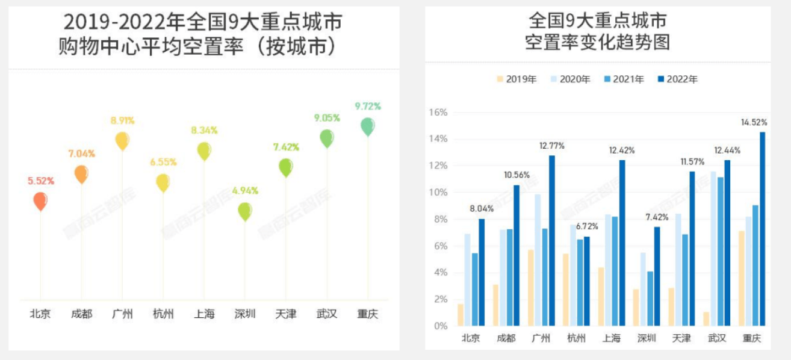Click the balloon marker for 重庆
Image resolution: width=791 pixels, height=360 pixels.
[x=367, y=126]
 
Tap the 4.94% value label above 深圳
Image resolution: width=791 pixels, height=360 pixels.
[x=244, y=191]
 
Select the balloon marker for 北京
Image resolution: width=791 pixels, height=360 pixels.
[x=40, y=200]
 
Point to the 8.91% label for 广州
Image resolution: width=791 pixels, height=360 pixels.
[x=122, y=120]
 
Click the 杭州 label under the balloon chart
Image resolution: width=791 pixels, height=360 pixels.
[x=163, y=314]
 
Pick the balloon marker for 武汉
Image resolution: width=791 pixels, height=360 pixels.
[x=326, y=138]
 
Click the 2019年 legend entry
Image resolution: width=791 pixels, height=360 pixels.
[x=516, y=79]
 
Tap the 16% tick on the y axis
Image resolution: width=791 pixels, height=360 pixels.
[x=438, y=113]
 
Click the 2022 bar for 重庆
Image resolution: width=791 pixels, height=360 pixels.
[x=762, y=229]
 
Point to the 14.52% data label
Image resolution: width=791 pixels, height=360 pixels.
[x=754, y=122]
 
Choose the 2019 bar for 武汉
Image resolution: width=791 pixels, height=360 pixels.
[x=706, y=318]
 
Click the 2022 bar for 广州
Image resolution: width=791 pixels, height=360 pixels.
[x=551, y=241]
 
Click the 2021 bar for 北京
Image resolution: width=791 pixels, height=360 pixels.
[x=474, y=289]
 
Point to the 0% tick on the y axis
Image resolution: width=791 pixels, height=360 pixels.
[x=440, y=326]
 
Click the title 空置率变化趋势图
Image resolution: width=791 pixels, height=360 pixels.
[x=597, y=43]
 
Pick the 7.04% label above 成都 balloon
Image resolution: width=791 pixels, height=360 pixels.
[x=81, y=154]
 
